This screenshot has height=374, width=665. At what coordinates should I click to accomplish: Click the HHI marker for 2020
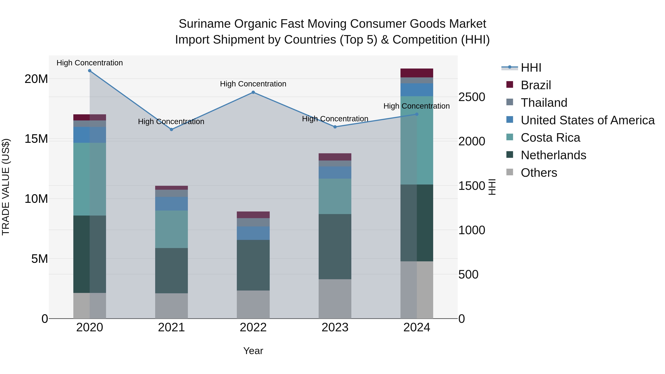tap(90, 71)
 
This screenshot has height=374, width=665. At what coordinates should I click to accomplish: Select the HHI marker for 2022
tap(253, 92)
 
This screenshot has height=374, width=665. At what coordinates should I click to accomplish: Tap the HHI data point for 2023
tap(335, 127)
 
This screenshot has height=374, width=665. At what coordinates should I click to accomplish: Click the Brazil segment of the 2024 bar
tap(417, 73)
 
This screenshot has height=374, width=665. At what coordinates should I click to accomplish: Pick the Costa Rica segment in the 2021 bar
tap(171, 229)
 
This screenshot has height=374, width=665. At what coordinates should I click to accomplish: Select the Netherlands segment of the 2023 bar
tap(335, 247)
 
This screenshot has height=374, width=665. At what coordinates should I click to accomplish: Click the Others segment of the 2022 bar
tap(253, 304)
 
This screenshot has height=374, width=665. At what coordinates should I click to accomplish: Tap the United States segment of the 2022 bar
tap(253, 233)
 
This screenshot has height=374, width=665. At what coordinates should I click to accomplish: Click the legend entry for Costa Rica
tap(550, 138)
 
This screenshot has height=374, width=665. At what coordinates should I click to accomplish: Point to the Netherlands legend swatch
tap(510, 155)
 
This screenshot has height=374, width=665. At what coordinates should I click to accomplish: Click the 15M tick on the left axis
tap(36, 139)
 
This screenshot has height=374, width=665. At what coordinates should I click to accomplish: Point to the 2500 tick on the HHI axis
tap(472, 97)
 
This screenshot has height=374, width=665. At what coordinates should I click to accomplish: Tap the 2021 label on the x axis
tap(171, 327)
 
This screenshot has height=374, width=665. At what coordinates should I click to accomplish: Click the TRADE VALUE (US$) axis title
tap(6, 187)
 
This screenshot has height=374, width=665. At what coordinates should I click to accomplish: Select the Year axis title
tap(253, 351)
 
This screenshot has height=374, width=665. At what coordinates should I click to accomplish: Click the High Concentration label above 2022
tap(253, 84)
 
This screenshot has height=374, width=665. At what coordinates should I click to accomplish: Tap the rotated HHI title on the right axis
tap(492, 187)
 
